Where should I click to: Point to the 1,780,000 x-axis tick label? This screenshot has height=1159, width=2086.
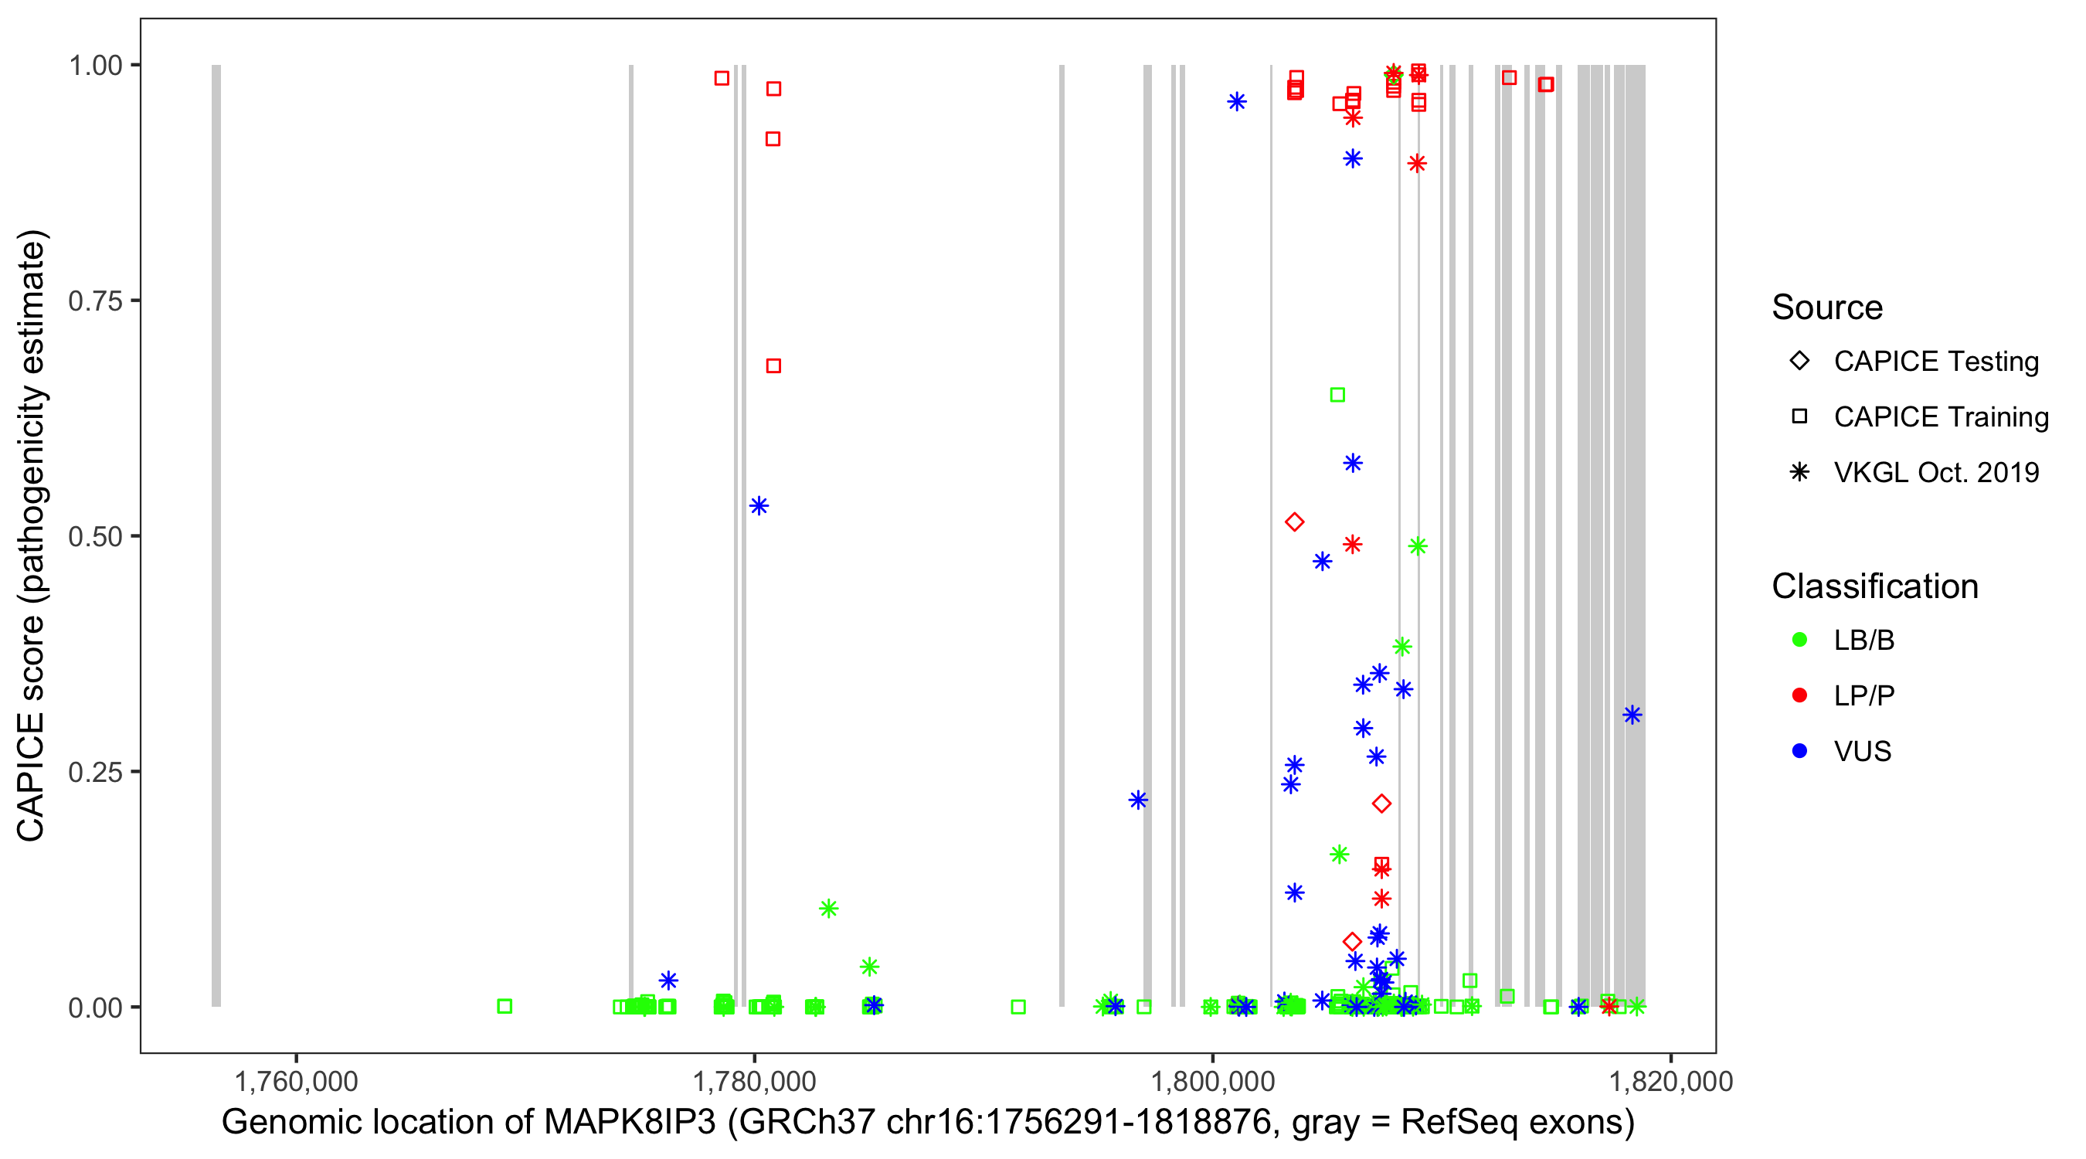(754, 1081)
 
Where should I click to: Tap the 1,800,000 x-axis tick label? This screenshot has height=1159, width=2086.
(1212, 1081)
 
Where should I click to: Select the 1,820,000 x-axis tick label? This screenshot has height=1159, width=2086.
(1670, 1081)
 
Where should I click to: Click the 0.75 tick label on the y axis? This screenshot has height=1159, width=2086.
(95, 301)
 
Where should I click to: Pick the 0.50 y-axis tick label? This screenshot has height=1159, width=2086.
(95, 536)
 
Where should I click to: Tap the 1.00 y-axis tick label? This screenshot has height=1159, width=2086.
(95, 65)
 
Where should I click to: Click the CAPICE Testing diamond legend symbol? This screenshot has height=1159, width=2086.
(1799, 360)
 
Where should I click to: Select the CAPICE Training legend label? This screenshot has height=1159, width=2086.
(1941, 416)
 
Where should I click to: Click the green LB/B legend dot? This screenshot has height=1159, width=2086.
(1799, 640)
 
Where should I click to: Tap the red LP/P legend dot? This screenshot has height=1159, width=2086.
(1799, 695)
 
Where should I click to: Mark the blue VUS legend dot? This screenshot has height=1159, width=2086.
(1799, 751)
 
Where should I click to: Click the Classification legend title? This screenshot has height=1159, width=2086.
(1874, 586)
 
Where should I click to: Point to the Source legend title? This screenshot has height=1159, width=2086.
(1827, 308)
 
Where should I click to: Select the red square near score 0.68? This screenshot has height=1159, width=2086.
(773, 366)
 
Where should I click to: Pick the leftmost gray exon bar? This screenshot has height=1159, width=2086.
(216, 535)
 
